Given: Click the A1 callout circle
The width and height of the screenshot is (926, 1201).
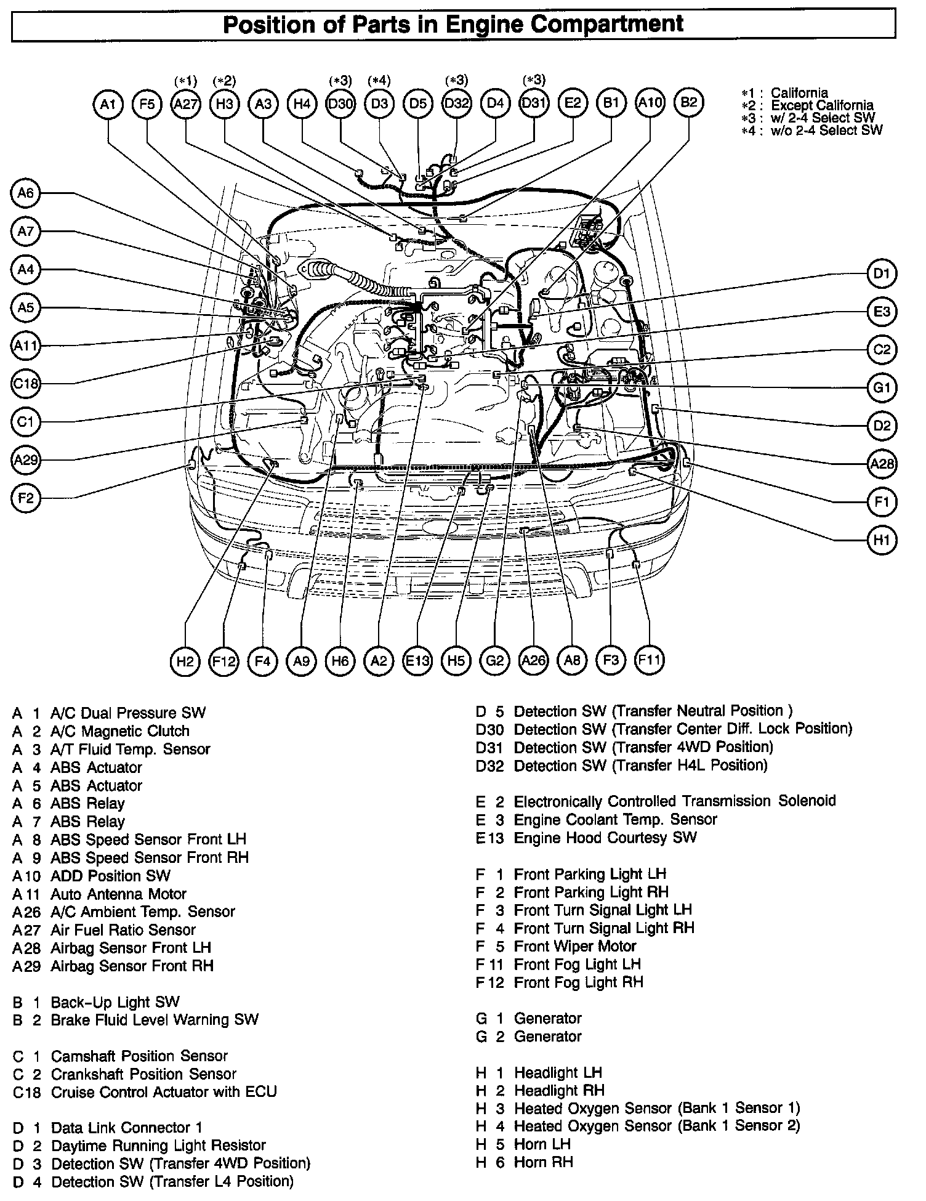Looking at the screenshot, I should pyautogui.click(x=108, y=104).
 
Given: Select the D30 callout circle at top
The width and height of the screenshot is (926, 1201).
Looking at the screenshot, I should pyautogui.click(x=340, y=104).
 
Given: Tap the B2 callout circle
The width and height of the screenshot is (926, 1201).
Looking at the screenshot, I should pyautogui.click(x=689, y=103).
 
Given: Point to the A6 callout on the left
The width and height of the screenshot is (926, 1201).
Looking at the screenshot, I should pyautogui.click(x=26, y=193).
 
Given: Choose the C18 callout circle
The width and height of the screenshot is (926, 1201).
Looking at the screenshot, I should pyautogui.click(x=26, y=384).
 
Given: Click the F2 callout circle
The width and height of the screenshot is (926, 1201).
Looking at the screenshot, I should pyautogui.click(x=26, y=498).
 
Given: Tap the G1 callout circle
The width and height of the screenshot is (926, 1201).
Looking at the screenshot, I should pyautogui.click(x=882, y=388).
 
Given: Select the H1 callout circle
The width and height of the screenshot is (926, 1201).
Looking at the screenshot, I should pyautogui.click(x=882, y=540).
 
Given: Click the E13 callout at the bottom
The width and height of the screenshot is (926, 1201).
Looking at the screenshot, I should pyautogui.click(x=417, y=661).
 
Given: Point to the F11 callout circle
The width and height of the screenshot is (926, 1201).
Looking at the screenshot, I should pyautogui.click(x=650, y=661).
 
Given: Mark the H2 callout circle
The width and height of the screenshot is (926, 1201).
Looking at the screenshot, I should pyautogui.click(x=185, y=661).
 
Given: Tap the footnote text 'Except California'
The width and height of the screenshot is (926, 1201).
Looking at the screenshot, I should pyautogui.click(x=822, y=105).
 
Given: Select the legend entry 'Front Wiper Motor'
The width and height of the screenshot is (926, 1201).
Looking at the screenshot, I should pyautogui.click(x=575, y=946).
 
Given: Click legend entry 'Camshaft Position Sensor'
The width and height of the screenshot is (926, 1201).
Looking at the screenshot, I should pyautogui.click(x=139, y=1056).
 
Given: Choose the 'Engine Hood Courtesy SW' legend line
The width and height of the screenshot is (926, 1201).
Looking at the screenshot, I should pyautogui.click(x=605, y=838).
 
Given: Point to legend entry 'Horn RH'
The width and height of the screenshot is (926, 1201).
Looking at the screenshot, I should pyautogui.click(x=543, y=1162).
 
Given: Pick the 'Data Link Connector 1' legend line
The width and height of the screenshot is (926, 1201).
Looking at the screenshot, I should pyautogui.click(x=126, y=1128).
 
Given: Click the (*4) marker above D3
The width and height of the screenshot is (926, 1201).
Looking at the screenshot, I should pyautogui.click(x=379, y=81).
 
